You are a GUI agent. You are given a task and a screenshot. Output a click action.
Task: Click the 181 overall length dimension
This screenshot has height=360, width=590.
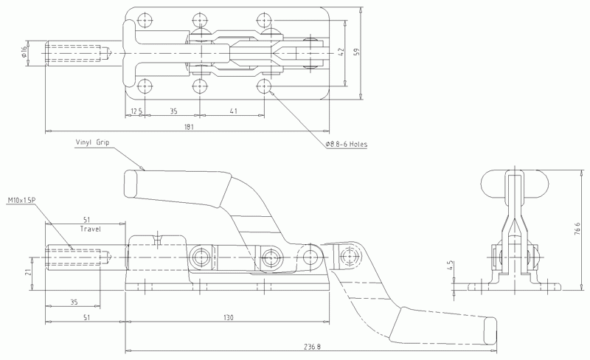pyautogui.click(x=189, y=127)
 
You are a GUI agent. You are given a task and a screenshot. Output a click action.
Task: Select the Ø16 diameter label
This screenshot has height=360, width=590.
pyautogui.click(x=24, y=52)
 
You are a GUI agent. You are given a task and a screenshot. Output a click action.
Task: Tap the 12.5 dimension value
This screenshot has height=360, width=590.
pyautogui.click(x=136, y=111)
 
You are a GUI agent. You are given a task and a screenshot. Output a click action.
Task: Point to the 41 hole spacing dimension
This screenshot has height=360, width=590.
pyautogui.click(x=233, y=111)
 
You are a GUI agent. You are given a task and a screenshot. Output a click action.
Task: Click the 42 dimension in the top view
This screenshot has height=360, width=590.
pyautogui.click(x=341, y=52)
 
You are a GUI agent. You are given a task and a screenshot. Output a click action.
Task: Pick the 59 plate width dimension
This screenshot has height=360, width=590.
pyautogui.click(x=357, y=52)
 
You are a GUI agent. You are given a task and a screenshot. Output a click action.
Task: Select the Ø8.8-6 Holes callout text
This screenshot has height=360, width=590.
pyautogui.click(x=346, y=144)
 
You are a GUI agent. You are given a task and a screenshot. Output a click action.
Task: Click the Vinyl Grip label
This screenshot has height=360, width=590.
pyautogui.click(x=92, y=142)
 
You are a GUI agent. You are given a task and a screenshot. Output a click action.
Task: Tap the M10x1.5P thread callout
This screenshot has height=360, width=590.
pyautogui.click(x=21, y=201)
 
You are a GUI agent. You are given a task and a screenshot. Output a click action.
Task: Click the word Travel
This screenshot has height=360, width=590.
pyautogui.click(x=91, y=229)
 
